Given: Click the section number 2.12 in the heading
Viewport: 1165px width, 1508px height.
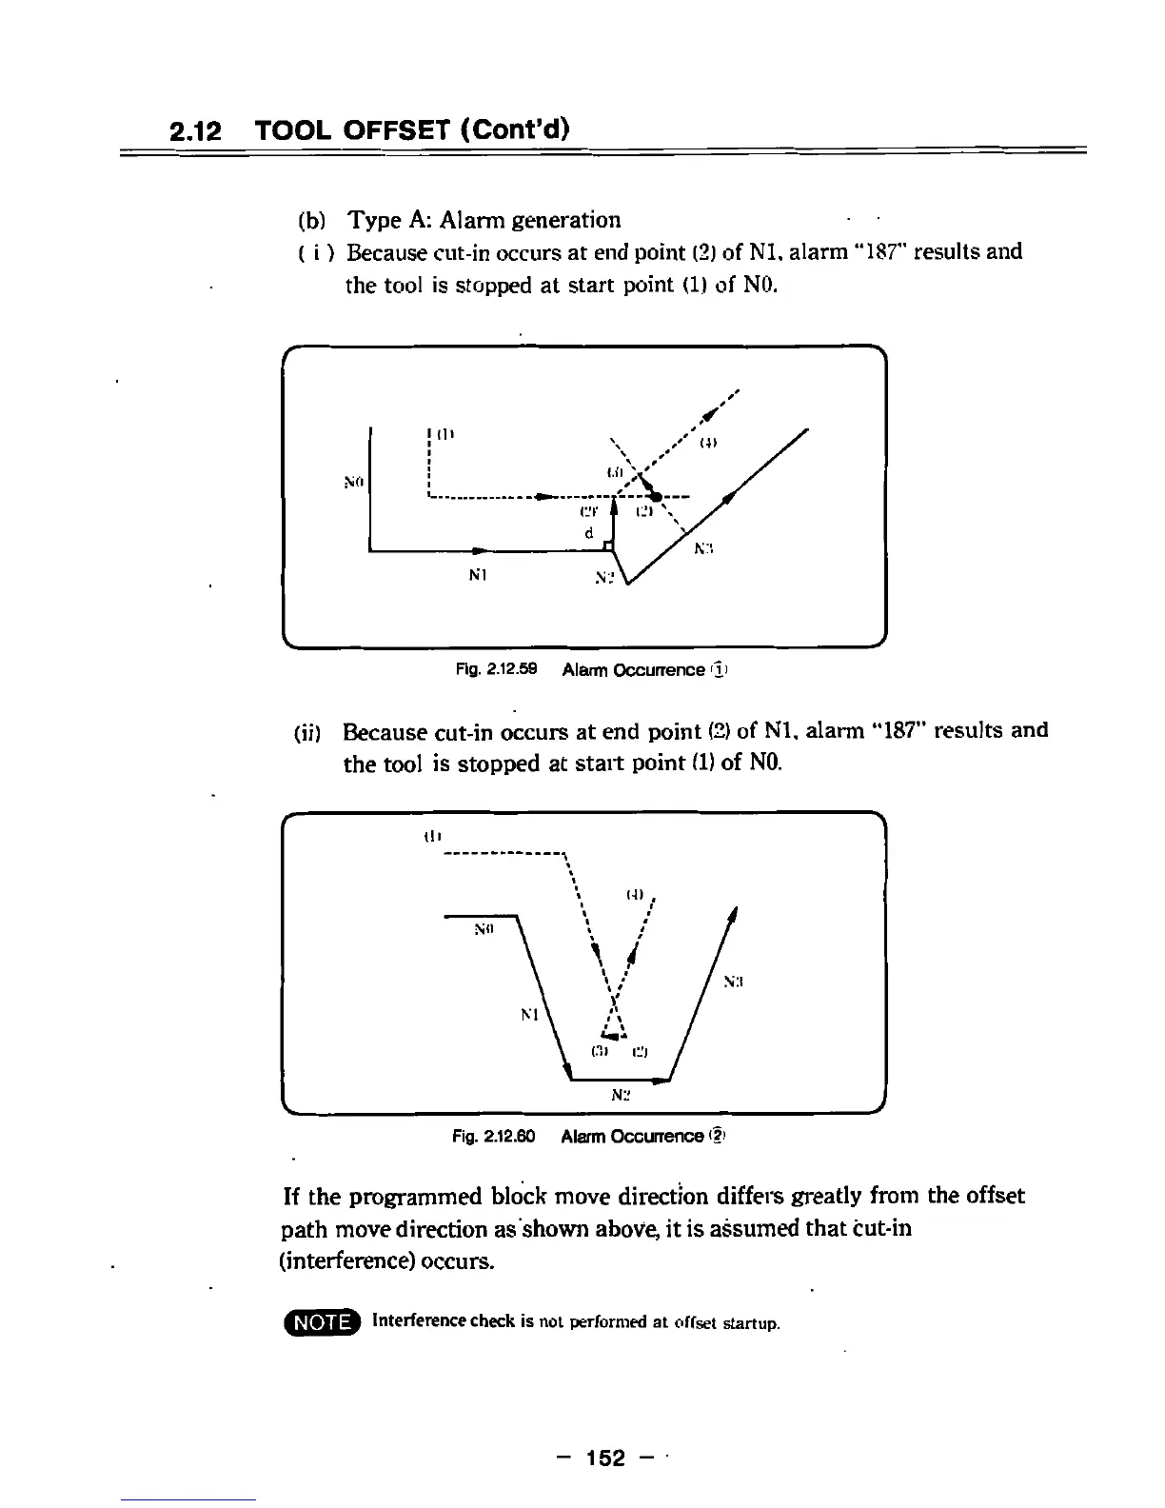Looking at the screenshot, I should coord(195,130).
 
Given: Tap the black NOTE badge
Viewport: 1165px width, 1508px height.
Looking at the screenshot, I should coord(323,1323).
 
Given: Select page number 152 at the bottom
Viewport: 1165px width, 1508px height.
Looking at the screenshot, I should coord(606,1458).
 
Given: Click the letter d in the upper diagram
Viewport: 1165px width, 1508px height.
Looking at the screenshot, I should coord(590,533).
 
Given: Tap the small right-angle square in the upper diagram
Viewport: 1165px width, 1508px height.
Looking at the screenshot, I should coord(607,544).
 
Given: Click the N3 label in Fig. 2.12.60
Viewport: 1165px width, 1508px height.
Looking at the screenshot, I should coord(733,980).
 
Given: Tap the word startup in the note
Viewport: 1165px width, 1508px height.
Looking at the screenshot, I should coord(752,1323).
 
